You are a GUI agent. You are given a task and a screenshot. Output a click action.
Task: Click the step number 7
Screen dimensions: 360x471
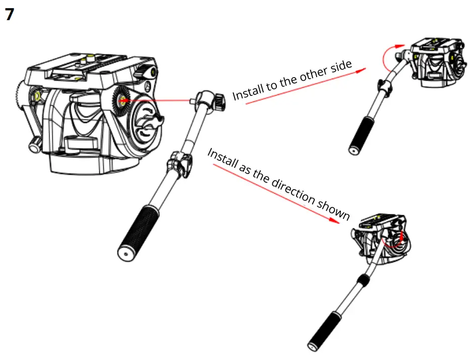click(10, 14)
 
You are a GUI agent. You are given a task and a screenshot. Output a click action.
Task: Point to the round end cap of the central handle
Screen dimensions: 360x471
click(124, 254)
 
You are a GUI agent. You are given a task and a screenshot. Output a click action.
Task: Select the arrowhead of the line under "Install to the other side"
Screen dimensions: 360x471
click(359, 71)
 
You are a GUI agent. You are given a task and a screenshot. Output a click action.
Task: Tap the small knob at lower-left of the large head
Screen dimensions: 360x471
click(35, 146)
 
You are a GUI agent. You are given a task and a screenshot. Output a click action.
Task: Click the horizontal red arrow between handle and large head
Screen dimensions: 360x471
click(156, 100)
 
